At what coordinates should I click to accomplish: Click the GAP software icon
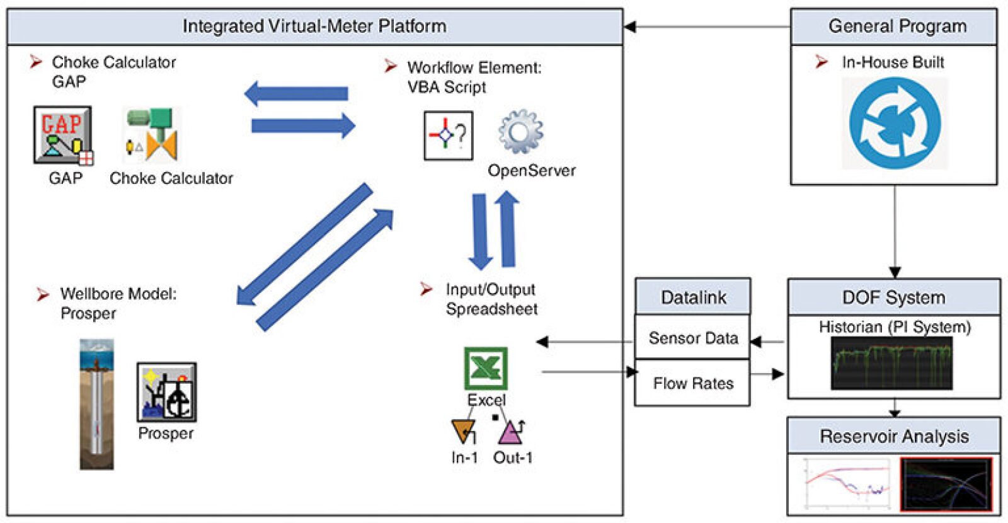pyautogui.click(x=63, y=135)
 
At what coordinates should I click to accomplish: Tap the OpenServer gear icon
pyautogui.click(x=520, y=132)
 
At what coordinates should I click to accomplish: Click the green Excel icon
pyautogui.click(x=486, y=368)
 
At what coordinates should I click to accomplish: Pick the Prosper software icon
pyautogui.click(x=167, y=392)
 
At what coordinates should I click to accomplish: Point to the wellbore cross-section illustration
pyautogui.click(x=96, y=404)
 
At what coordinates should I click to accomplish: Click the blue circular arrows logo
pyautogui.click(x=895, y=124)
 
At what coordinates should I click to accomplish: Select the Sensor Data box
pyautogui.click(x=693, y=338)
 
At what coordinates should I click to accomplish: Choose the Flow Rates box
pyautogui.click(x=693, y=383)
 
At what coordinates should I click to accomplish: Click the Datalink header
pyautogui.click(x=693, y=297)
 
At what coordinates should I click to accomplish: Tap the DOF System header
pyautogui.click(x=894, y=297)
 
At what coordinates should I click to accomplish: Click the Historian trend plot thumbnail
pyautogui.click(x=891, y=363)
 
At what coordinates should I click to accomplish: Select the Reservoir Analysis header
pyautogui.click(x=894, y=436)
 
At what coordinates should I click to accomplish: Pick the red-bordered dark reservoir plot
pyautogui.click(x=946, y=485)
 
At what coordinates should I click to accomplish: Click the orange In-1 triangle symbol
pyautogui.click(x=464, y=431)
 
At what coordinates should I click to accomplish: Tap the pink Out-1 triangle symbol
pyautogui.click(x=510, y=432)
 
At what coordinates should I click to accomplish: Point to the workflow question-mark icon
pyautogui.click(x=449, y=135)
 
